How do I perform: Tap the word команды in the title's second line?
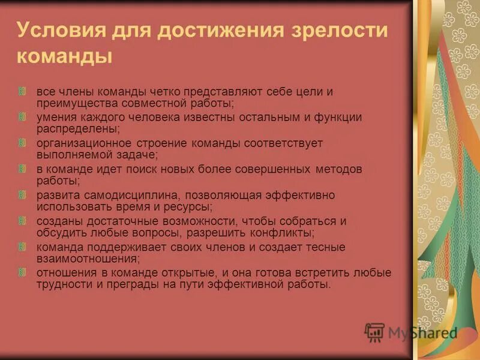(x=65, y=58)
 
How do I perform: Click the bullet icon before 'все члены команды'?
(x=22, y=92)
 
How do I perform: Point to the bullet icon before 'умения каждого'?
(x=22, y=118)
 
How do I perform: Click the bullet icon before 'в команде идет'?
(x=22, y=169)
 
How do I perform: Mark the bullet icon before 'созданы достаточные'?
(x=22, y=221)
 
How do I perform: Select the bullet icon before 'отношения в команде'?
(x=22, y=272)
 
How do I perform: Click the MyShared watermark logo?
(x=411, y=333)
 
